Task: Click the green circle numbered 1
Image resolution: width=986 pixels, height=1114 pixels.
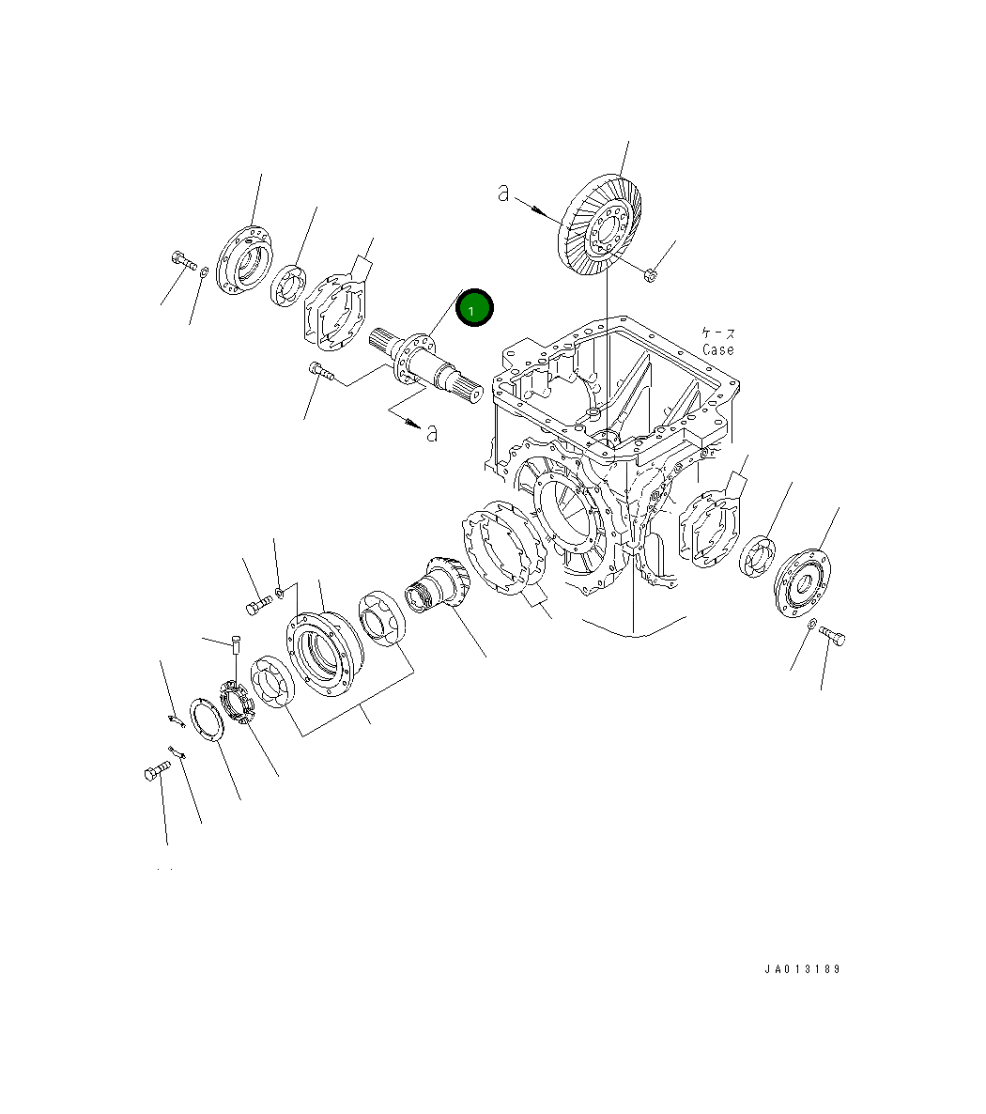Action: pos(474,308)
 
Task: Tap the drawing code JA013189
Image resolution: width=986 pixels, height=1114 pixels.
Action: pos(802,969)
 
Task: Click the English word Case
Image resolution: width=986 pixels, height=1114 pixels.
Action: pos(717,349)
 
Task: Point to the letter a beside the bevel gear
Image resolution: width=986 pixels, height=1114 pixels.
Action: pos(503,192)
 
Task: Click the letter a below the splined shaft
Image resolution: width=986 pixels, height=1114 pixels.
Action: pos(432,432)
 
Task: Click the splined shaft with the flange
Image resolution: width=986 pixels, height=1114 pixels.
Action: pos(426,364)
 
